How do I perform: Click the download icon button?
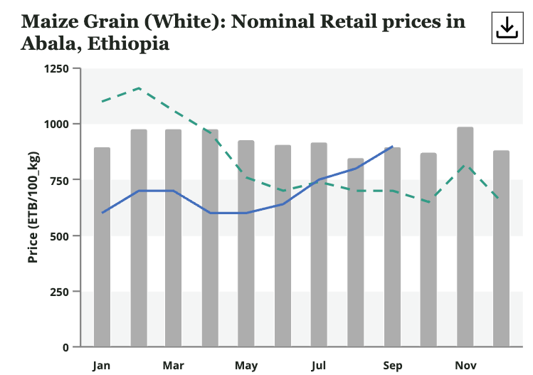506,28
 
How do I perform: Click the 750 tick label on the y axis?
58,180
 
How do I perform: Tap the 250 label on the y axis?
58,292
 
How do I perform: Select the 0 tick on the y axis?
65,347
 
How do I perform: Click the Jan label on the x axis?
102,366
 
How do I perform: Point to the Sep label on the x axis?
392,366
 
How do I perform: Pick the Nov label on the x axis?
465,366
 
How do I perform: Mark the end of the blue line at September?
393,147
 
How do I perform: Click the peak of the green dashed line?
139,88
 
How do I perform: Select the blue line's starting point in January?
102,213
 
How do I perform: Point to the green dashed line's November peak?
465,165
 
